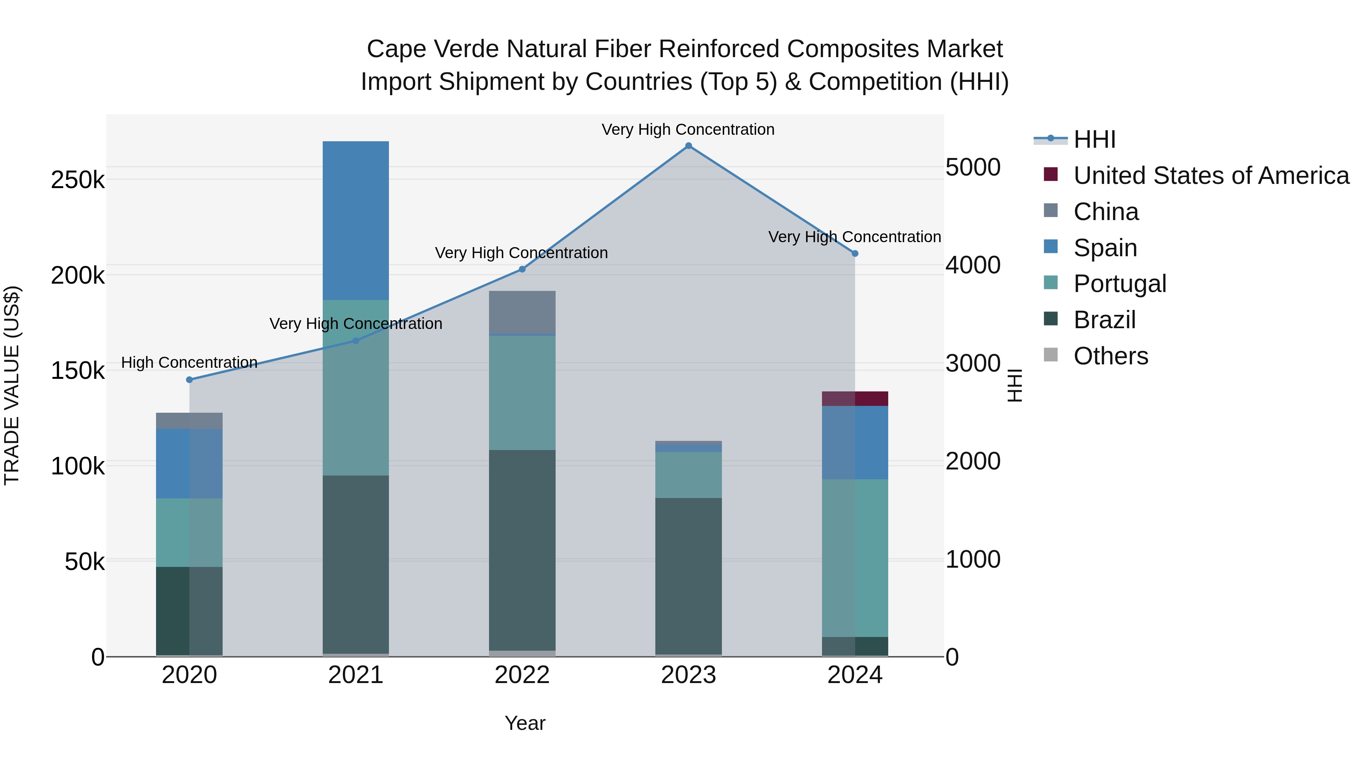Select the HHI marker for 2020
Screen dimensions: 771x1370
(190, 379)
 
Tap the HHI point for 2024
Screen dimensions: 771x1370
(855, 254)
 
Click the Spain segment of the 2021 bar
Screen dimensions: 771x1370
(356, 220)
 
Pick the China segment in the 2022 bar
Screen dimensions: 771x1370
(522, 312)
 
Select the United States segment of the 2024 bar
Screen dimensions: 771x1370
(855, 399)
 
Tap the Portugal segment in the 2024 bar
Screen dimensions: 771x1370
(855, 558)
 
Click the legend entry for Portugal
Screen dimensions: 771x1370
(1120, 284)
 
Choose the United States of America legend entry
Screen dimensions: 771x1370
(1211, 176)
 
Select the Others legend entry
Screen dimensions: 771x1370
(1110, 356)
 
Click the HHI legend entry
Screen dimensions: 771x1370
(1094, 139)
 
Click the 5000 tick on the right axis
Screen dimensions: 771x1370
(973, 167)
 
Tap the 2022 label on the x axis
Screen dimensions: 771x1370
(522, 675)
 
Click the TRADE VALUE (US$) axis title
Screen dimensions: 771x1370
(12, 385)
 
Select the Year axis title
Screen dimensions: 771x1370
(525, 723)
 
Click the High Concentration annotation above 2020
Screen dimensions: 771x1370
(190, 362)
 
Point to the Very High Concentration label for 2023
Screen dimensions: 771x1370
(688, 129)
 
